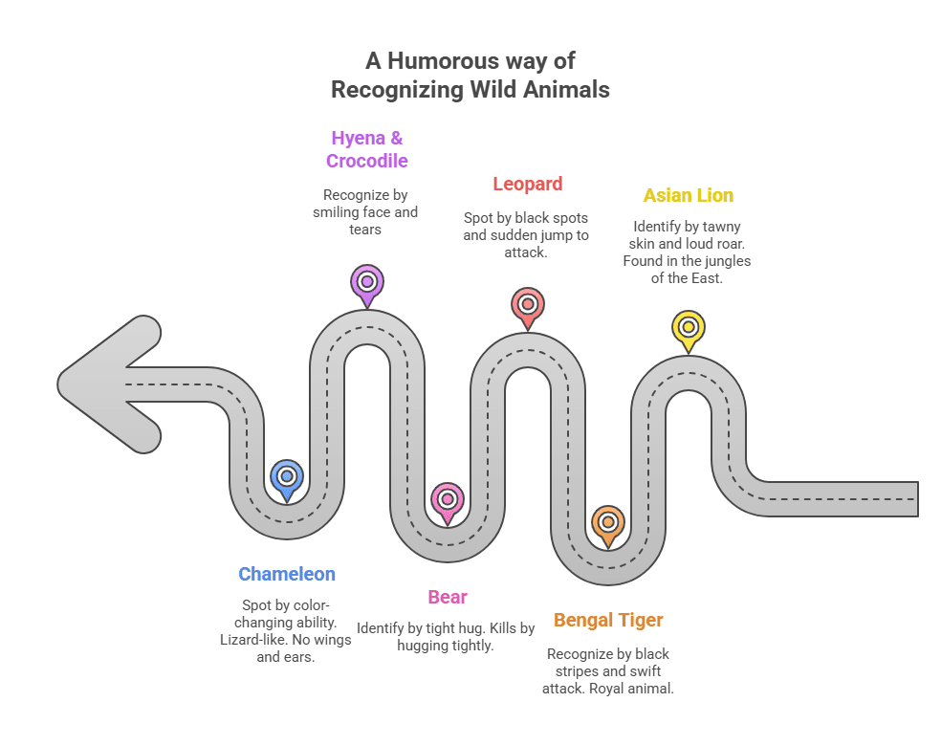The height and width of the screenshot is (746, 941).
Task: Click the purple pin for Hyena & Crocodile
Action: coord(366,282)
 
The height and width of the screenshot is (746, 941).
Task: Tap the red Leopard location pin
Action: coord(527,304)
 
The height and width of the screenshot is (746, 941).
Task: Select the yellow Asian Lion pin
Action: coord(688,328)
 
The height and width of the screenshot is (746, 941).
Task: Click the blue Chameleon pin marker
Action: coord(286,476)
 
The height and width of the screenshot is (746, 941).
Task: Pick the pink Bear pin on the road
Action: coord(447,499)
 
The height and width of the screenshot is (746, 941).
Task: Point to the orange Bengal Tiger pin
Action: coord(607,522)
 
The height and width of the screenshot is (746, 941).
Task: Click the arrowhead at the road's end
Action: coord(105,384)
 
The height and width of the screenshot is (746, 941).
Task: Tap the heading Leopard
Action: coord(527,184)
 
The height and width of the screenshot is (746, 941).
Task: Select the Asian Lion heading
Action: coord(688,195)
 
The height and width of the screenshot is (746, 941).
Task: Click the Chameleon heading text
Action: coord(287,574)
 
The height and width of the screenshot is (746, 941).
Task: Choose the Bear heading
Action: coord(448,597)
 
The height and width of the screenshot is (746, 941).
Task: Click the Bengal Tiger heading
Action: coord(608,620)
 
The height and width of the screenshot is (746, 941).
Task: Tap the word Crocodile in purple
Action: coord(366,161)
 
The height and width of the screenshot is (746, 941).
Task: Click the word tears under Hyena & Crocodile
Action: coord(365,230)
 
